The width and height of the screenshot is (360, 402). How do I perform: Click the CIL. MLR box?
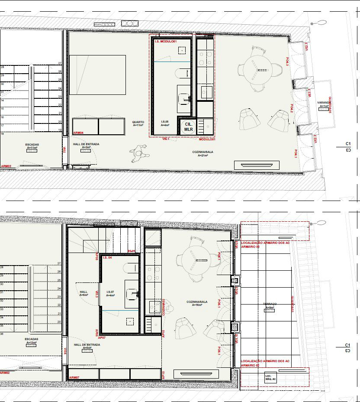(x=188, y=126)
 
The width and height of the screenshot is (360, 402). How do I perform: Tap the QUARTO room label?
(x=138, y=123)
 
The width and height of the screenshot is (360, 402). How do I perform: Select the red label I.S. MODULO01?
(x=165, y=42)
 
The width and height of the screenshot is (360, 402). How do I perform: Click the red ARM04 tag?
(x=78, y=133)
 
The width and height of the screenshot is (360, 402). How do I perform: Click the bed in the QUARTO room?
(x=97, y=75)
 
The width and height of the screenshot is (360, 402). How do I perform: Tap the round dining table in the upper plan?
(x=258, y=69)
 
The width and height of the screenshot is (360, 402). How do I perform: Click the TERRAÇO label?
(x=270, y=306)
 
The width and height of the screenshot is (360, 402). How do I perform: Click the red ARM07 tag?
(x=74, y=378)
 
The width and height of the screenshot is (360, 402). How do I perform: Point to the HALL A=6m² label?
(x=84, y=293)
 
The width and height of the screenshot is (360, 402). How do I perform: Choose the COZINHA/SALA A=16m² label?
(x=197, y=303)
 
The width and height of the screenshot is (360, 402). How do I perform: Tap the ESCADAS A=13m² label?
(x=32, y=341)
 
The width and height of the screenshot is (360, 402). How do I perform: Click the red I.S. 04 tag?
(x=107, y=258)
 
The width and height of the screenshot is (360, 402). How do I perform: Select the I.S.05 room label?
(x=165, y=123)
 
